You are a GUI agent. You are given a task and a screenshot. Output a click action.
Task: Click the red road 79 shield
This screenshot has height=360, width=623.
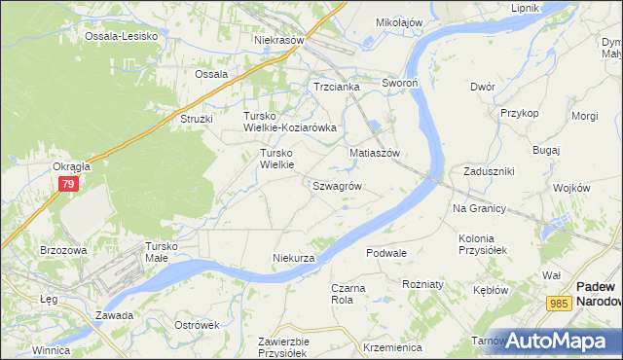click(67, 184)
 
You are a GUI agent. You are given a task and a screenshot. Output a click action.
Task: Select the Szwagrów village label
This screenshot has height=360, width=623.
click(338, 185)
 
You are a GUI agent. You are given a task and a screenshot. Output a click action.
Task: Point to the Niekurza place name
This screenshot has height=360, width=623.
click(293, 258)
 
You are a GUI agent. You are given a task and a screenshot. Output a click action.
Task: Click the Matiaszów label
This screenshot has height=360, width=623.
click(376, 154)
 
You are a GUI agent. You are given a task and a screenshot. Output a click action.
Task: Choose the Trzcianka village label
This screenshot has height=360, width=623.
click(337, 87)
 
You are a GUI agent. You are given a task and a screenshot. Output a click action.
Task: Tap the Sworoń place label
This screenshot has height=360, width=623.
click(399, 84)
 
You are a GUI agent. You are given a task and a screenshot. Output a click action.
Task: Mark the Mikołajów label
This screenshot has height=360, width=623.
click(399, 21)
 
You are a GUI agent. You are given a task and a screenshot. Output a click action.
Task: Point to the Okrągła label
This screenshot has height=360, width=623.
click(72, 166)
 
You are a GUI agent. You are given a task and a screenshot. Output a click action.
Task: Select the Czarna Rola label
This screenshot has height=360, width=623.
click(348, 294)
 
